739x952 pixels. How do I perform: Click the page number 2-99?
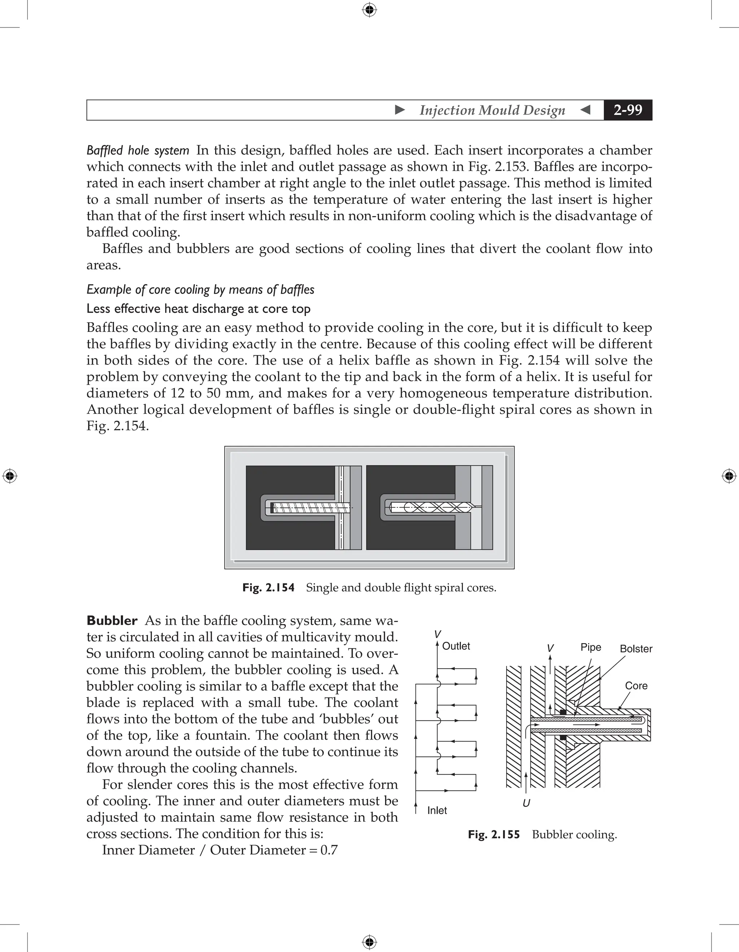pos(628,110)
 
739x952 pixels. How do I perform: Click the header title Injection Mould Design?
pos(492,110)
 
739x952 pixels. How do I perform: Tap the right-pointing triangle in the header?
pos(399,110)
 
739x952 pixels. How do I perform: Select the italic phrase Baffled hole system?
pos(137,150)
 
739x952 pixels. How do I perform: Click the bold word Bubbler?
pos(112,620)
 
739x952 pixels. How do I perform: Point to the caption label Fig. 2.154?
pos(268,588)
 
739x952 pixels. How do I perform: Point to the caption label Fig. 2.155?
pos(494,834)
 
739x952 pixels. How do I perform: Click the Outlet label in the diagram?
pos(456,646)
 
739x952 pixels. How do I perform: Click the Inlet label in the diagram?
pos(437,810)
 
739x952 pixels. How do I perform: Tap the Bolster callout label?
pos(636,649)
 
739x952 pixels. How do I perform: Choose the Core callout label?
pos(636,686)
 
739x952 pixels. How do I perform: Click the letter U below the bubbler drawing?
pos(526,803)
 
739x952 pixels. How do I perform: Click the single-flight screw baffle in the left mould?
pos(311,507)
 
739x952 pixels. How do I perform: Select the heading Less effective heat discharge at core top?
pos(198,309)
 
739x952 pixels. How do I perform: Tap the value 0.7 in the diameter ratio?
pos(329,850)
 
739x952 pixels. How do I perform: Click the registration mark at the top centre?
pos(369,10)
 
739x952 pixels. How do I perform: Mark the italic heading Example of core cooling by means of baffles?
pos(200,290)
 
